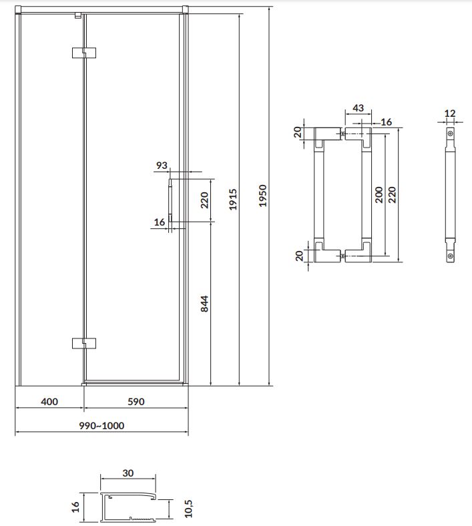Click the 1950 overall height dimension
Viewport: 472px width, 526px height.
tap(262, 196)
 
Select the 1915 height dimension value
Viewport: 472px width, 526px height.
tap(233, 200)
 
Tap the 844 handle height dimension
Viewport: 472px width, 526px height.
tap(204, 304)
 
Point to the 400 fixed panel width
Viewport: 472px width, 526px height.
tap(49, 401)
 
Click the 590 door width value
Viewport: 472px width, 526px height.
tap(136, 401)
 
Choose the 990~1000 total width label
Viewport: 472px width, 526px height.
tap(101, 425)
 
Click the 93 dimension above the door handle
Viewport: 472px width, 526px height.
tap(162, 165)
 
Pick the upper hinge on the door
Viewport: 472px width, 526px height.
tap(84, 53)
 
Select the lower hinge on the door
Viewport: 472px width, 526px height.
tap(84, 343)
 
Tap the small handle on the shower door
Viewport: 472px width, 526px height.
tap(170, 201)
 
